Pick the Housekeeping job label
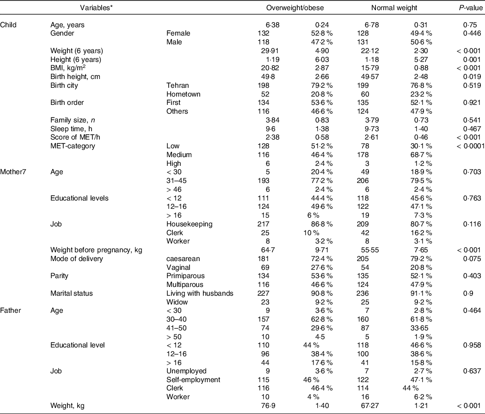point(190,224)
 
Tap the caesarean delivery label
point(183,259)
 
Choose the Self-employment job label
point(193,380)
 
